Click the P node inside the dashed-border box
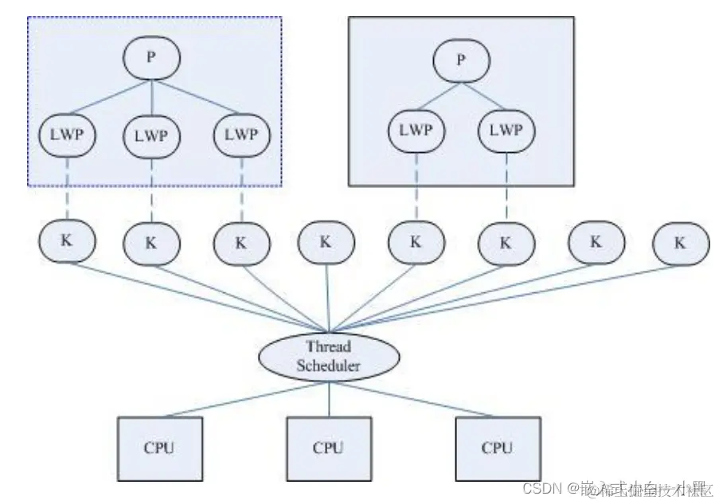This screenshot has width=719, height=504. (151, 58)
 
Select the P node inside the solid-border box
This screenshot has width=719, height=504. (460, 58)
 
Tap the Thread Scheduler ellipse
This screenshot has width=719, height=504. (329, 355)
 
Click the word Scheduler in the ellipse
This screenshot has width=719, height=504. (329, 365)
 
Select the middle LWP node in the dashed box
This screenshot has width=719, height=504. (151, 136)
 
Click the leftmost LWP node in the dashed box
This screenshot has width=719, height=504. (67, 135)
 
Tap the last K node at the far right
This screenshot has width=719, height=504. (679, 244)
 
